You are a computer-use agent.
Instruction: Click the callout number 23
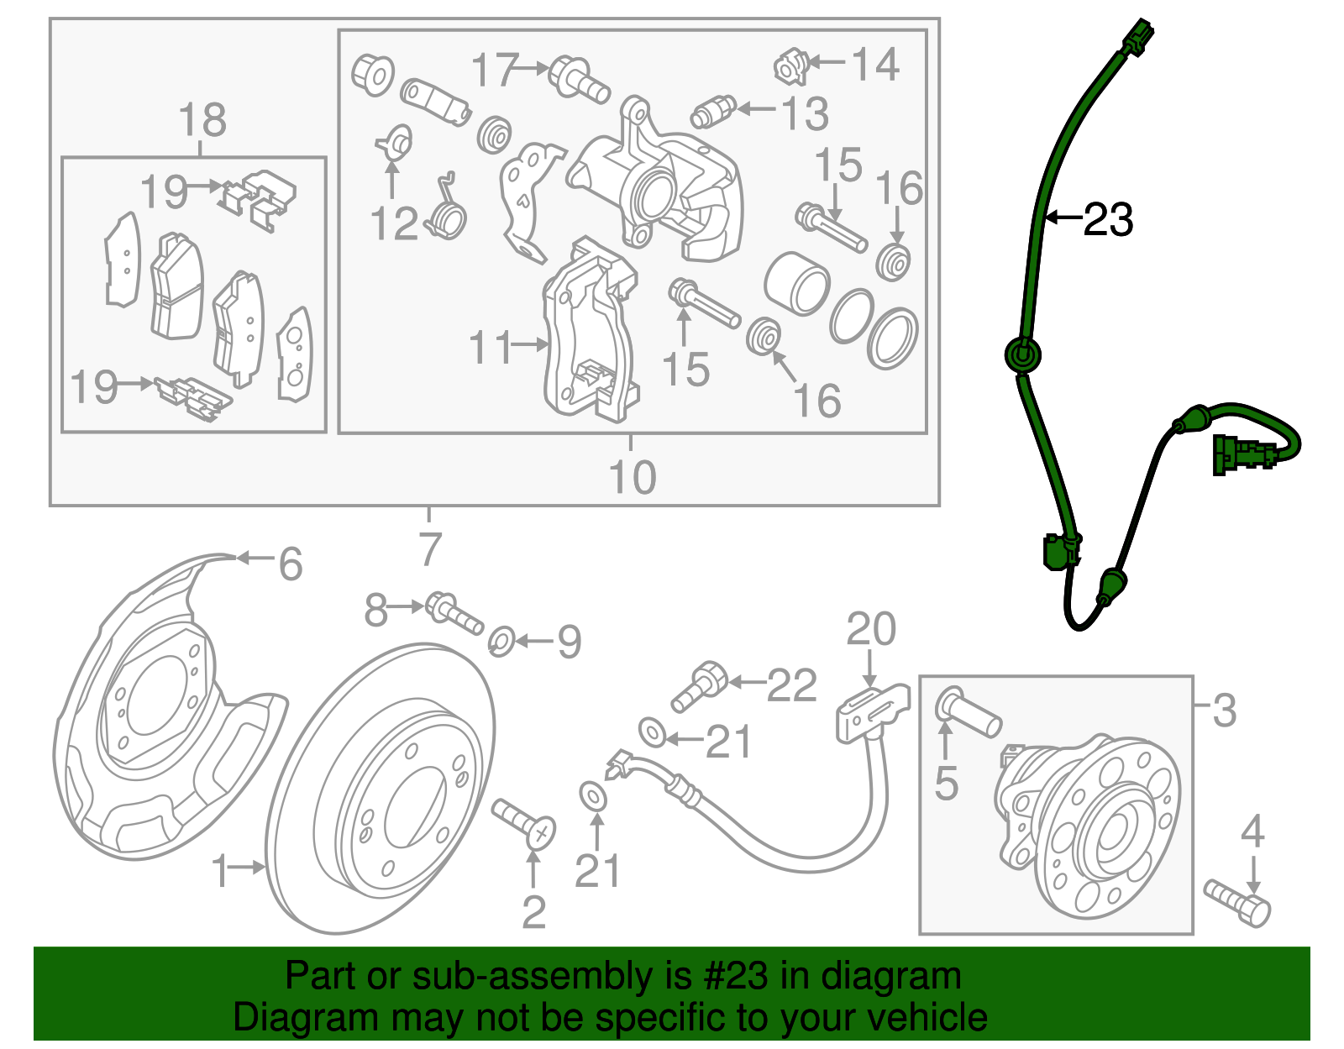(x=1109, y=220)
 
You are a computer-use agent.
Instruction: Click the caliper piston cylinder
(x=796, y=283)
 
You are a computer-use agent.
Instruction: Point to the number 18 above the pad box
(x=202, y=120)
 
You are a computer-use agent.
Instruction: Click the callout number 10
(x=632, y=477)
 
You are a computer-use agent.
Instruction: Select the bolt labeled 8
(x=454, y=612)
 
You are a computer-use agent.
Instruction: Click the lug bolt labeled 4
(x=1238, y=903)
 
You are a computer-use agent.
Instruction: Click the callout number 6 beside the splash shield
(x=291, y=564)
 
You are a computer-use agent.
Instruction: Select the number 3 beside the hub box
(x=1225, y=711)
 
